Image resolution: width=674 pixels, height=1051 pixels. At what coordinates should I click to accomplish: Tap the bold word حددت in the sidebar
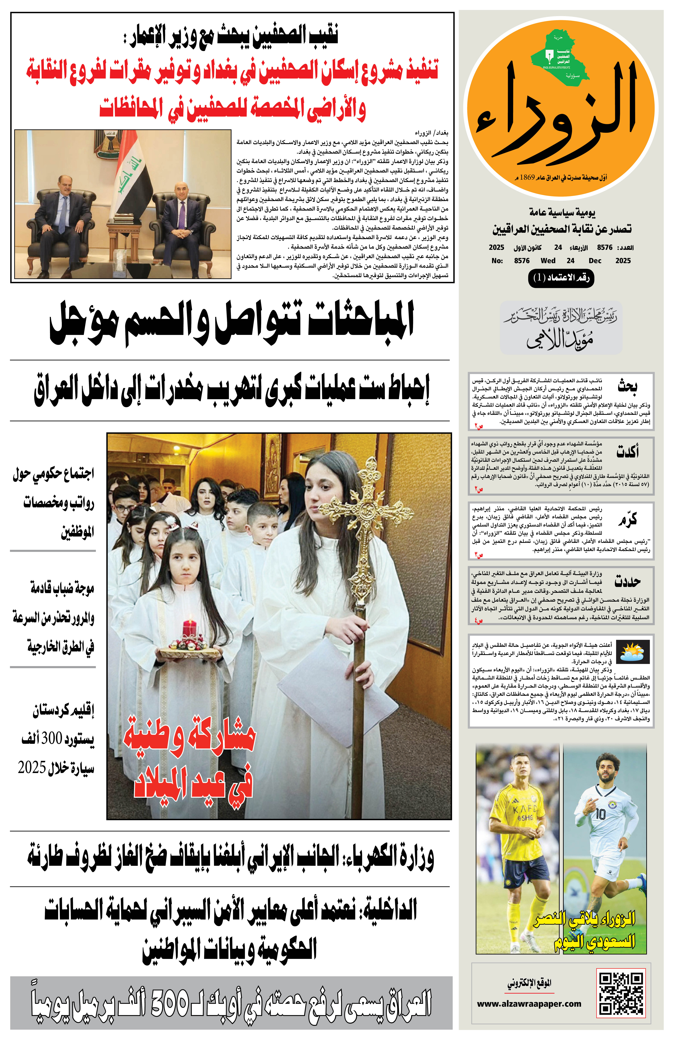[x=628, y=581]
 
